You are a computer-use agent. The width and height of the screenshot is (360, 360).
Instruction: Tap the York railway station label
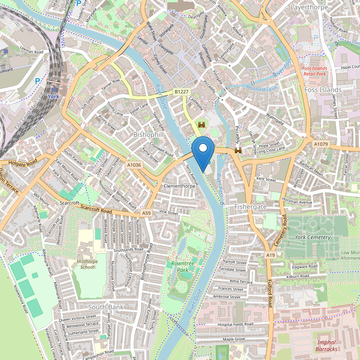[52, 96]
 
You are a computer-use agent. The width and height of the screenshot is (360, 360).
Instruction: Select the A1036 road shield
[134, 165]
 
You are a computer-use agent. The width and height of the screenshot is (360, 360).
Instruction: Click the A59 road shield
[147, 213]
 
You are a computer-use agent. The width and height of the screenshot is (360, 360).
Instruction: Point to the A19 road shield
[270, 255]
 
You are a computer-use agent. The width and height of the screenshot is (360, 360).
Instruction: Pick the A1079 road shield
[321, 144]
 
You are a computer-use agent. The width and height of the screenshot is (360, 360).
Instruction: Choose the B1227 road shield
[181, 92]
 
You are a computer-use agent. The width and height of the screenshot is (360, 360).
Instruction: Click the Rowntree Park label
[182, 267]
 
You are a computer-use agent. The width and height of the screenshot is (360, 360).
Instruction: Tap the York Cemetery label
[313, 237]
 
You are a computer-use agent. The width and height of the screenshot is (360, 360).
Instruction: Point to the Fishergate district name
[250, 206]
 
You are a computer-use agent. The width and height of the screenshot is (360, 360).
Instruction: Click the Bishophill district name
[149, 135]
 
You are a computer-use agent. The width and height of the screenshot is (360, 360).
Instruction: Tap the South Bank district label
[106, 307]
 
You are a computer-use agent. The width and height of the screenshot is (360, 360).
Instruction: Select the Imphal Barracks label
[326, 345]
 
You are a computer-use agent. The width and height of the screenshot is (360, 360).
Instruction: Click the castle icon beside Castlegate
[202, 125]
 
